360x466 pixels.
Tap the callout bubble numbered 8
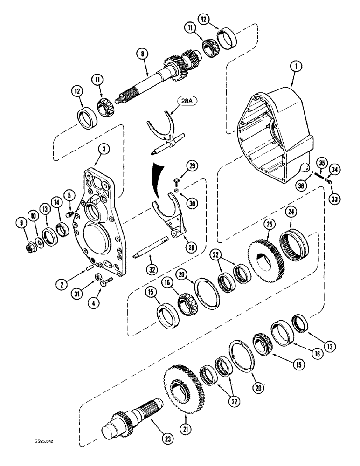(x=144, y=55)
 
